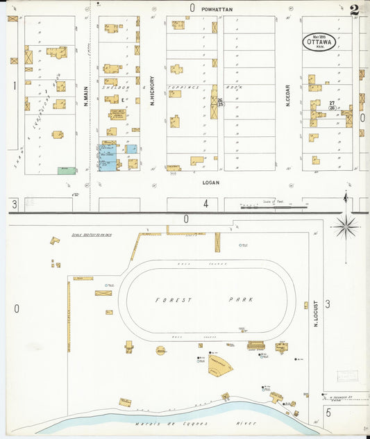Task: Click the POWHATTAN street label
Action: [217, 9]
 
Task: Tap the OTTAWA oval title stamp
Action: [319, 42]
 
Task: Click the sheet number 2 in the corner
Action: [355, 10]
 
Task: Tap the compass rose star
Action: [345, 226]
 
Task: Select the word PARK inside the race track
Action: [241, 299]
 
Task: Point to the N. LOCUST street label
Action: [314, 314]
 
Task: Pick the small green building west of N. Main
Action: [67, 169]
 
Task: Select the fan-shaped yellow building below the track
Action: [219, 366]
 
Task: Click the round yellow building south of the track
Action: [160, 351]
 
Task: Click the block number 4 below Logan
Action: [205, 204]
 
